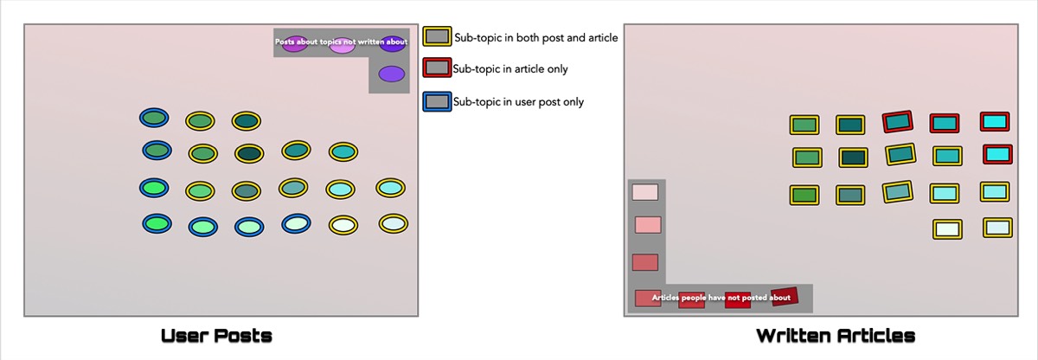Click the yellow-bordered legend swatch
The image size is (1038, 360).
[437, 36]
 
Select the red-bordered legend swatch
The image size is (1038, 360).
[437, 68]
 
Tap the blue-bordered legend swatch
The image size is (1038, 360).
[437, 101]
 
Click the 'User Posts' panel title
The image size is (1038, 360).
[217, 335]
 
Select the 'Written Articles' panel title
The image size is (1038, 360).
[835, 335]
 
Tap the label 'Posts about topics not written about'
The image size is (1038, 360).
[341, 42]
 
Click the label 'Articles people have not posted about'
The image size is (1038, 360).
[721, 298]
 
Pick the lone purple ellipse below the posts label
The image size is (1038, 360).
[392, 74]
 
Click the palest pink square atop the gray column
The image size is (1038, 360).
[645, 192]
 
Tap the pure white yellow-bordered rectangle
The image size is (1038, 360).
[947, 229]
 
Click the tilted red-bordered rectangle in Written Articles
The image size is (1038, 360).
[899, 121]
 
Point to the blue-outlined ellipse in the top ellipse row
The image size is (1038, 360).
[154, 118]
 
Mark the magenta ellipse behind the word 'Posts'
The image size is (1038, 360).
[294, 45]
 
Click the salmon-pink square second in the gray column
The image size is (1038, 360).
[648, 225]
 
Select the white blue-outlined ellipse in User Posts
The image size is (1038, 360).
[297, 223]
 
